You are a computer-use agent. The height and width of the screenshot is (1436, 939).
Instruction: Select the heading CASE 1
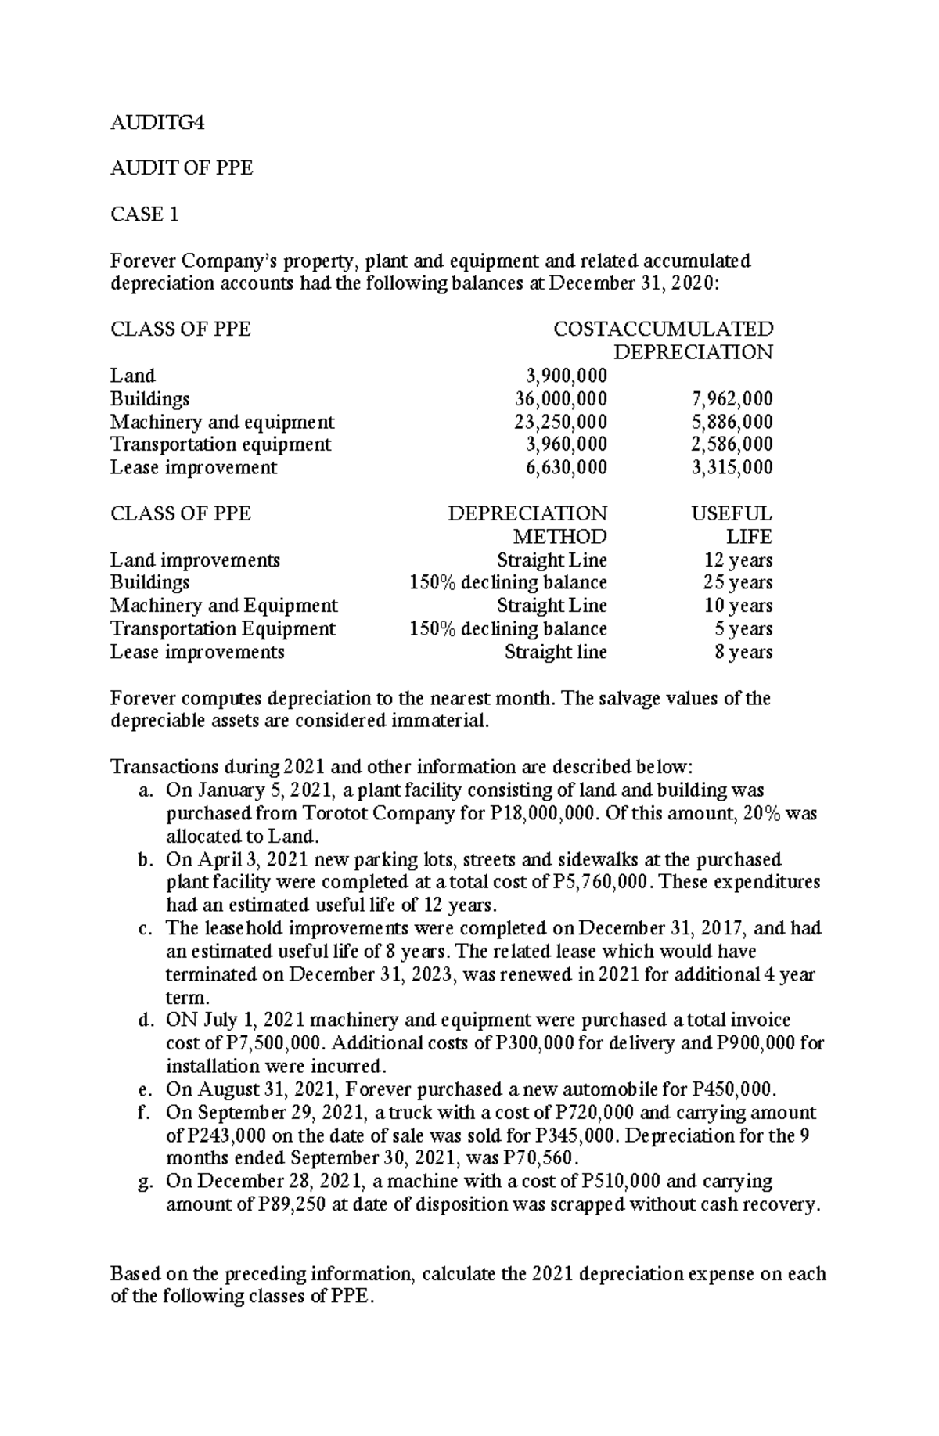coord(145,214)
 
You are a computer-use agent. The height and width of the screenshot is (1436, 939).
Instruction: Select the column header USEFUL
coord(732,514)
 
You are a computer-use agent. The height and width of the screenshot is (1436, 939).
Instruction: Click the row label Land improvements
coord(195,560)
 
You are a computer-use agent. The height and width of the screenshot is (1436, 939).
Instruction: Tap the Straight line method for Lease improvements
coord(556,652)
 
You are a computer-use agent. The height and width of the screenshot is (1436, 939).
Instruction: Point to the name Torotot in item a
coord(331,814)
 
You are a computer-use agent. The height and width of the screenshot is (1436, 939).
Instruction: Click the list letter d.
coord(143,1021)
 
